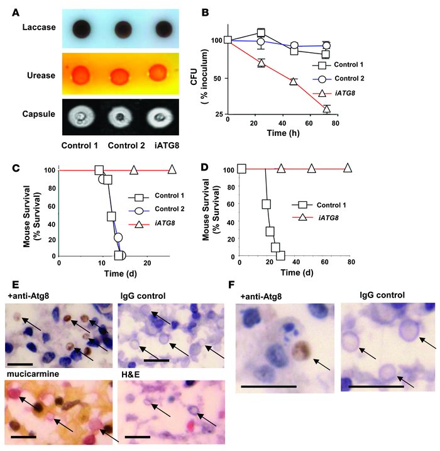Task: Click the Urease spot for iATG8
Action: point(161,74)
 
